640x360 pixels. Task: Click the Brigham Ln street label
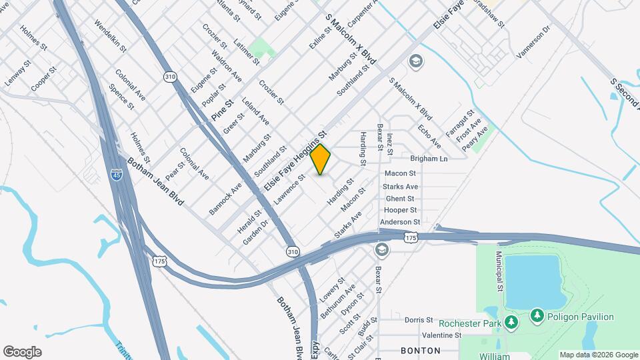pyautogui.click(x=429, y=159)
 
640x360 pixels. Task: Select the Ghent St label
pyautogui.click(x=399, y=199)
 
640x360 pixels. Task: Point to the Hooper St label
pyautogui.click(x=400, y=210)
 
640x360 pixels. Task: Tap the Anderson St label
pyautogui.click(x=400, y=222)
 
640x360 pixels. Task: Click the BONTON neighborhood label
pyautogui.click(x=421, y=350)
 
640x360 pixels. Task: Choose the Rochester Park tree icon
pyautogui.click(x=511, y=323)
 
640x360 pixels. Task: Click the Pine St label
pyautogui.click(x=222, y=110)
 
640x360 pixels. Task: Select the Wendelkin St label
pyautogui.click(x=110, y=35)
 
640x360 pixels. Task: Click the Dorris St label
pyautogui.click(x=419, y=320)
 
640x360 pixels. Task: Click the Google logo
pyautogui.click(x=22, y=352)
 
